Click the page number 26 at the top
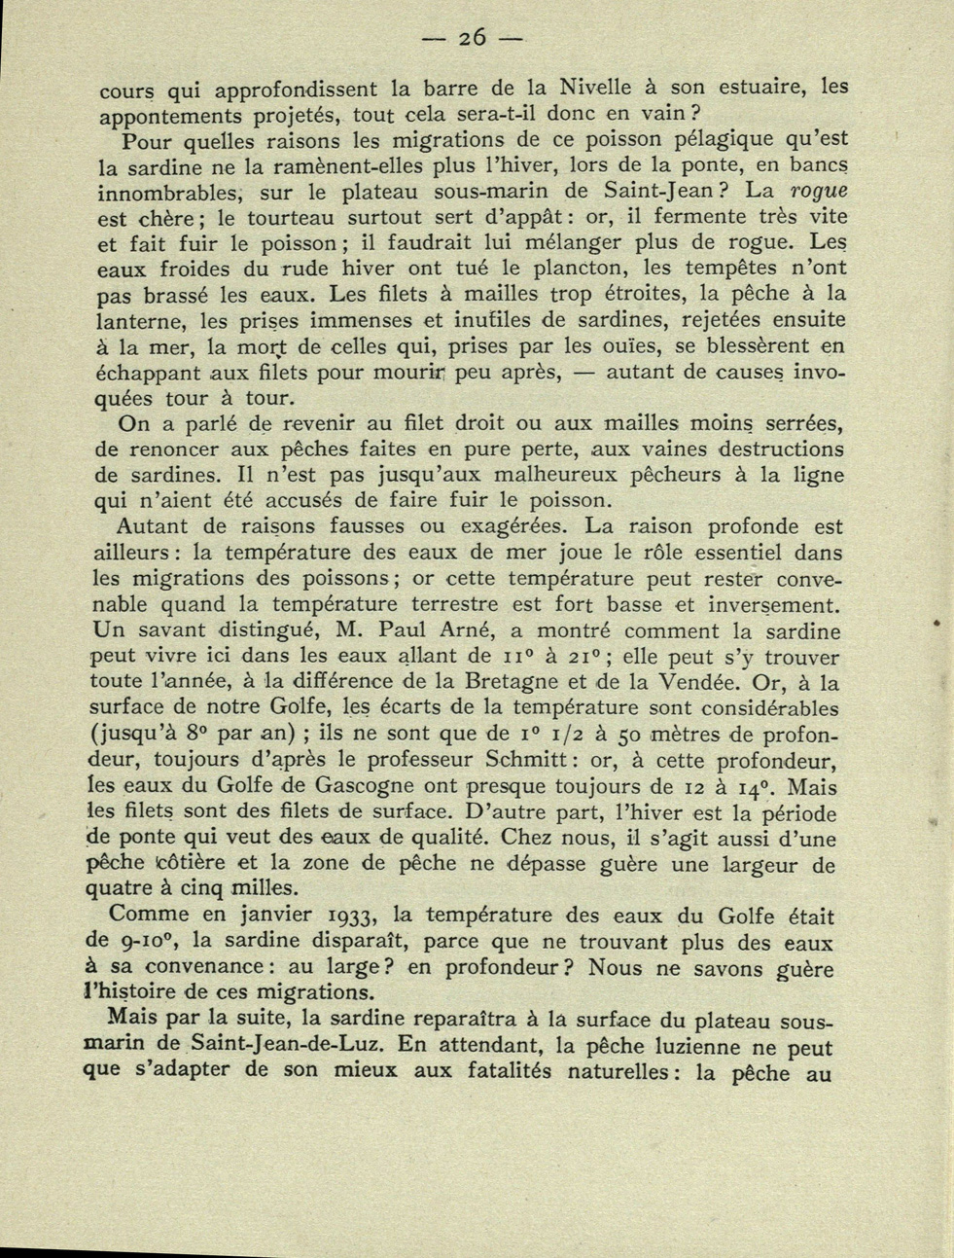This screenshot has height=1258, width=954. pyautogui.click(x=473, y=39)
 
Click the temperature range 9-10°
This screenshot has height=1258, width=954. pyautogui.click(x=144, y=942)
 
